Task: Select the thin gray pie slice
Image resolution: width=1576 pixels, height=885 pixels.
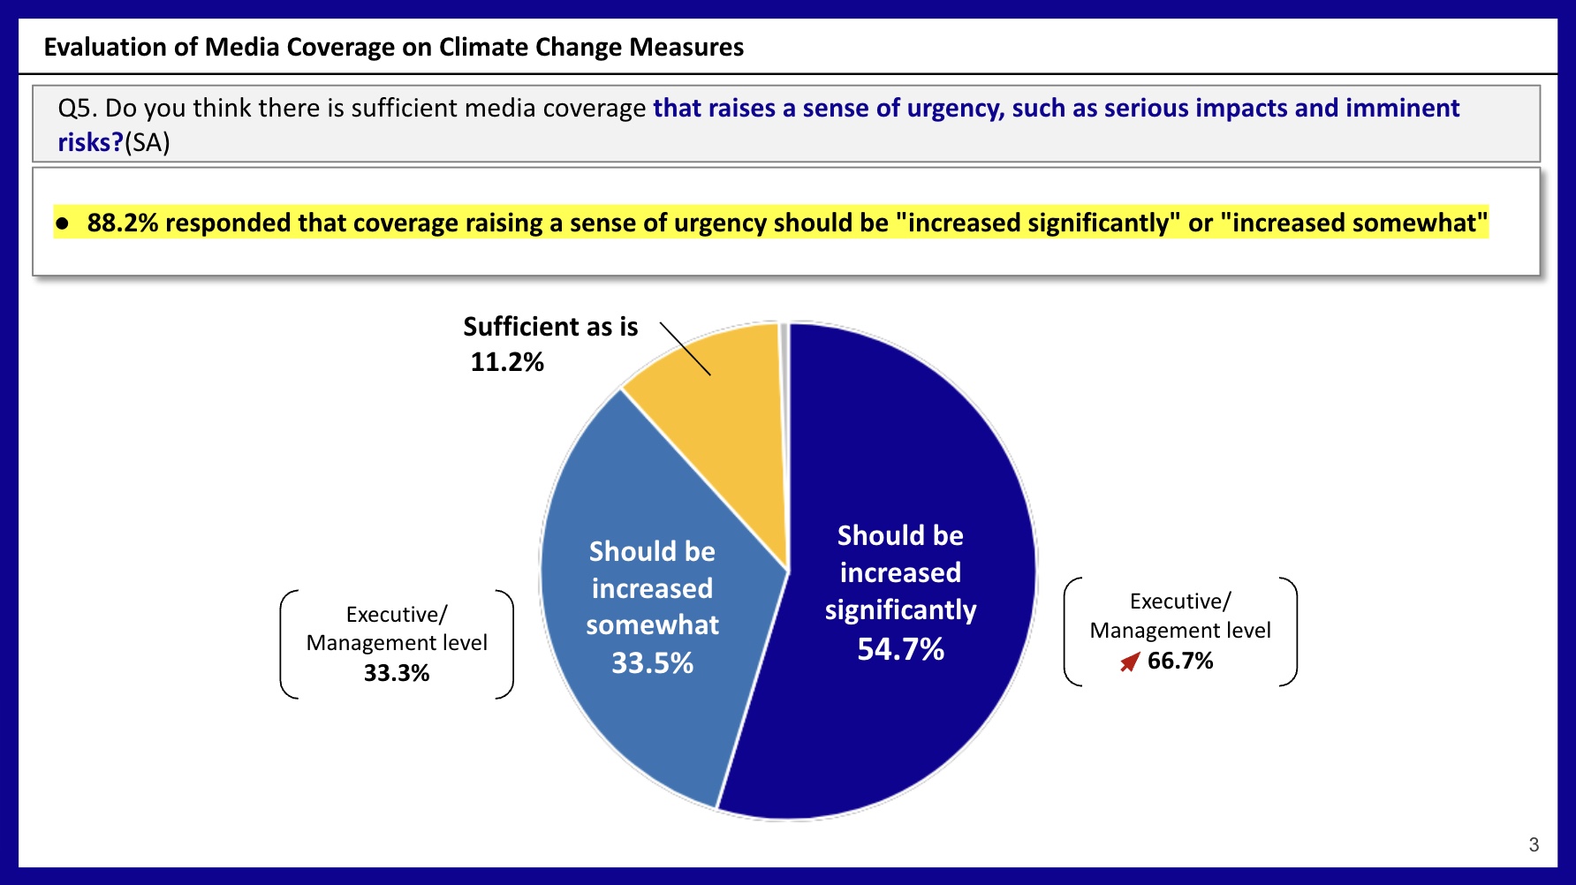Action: (x=784, y=353)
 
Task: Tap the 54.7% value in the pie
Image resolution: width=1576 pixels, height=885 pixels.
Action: (x=900, y=650)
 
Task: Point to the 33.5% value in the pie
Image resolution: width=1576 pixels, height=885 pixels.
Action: (x=652, y=663)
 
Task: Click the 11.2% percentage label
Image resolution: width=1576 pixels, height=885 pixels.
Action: (x=507, y=362)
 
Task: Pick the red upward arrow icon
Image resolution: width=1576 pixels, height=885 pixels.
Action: (x=1130, y=662)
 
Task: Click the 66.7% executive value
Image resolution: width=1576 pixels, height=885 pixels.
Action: (x=1180, y=661)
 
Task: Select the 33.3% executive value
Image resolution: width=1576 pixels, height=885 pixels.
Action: (x=397, y=673)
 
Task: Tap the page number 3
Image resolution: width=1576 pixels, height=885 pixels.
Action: (x=1534, y=844)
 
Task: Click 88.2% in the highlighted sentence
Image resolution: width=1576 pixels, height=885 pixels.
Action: (x=122, y=223)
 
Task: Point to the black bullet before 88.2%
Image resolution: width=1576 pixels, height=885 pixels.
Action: (x=62, y=223)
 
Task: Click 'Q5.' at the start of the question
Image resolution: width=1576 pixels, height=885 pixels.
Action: (x=78, y=109)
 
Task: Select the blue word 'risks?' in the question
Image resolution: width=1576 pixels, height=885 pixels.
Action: (x=90, y=142)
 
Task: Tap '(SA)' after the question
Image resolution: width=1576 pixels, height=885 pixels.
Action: (x=148, y=142)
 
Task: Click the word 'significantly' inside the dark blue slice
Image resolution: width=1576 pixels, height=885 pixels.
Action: (x=900, y=610)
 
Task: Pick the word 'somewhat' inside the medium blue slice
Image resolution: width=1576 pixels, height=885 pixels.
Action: (x=652, y=625)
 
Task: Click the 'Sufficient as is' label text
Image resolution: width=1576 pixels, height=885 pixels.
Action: (x=550, y=327)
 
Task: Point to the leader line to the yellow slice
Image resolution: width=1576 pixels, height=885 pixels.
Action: (x=685, y=349)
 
